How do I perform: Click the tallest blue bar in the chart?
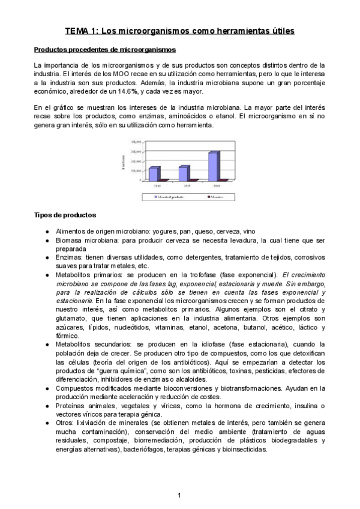[x=213, y=166]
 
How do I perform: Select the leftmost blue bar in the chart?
[x=154, y=173]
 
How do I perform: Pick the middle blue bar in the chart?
[x=184, y=172]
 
